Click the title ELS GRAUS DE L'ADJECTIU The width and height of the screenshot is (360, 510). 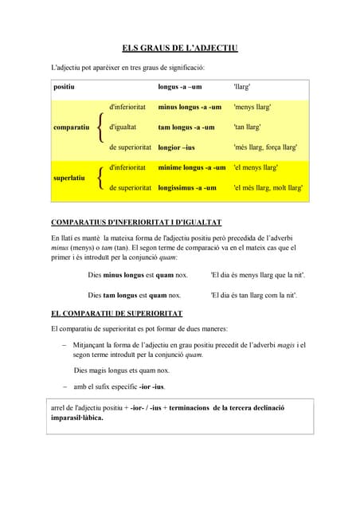180,49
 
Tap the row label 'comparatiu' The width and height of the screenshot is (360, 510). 71,127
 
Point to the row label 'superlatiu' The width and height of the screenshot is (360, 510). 68,178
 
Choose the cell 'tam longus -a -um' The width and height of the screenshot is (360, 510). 186,127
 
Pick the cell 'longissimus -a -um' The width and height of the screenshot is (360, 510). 187,188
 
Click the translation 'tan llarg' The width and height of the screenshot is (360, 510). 248,127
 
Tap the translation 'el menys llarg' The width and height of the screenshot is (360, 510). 256,167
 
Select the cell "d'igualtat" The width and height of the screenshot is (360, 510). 123,127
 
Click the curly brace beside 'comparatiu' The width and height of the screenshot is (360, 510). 99,127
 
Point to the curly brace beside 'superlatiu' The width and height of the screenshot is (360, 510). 99,178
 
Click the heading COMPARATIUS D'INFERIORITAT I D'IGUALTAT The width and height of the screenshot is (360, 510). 136,222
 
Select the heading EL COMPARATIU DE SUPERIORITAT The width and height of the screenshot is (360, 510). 116,314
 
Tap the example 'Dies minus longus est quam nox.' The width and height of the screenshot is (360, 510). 138,274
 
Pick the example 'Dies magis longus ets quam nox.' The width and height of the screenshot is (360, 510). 121,371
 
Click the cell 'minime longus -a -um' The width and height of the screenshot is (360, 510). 192,167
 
